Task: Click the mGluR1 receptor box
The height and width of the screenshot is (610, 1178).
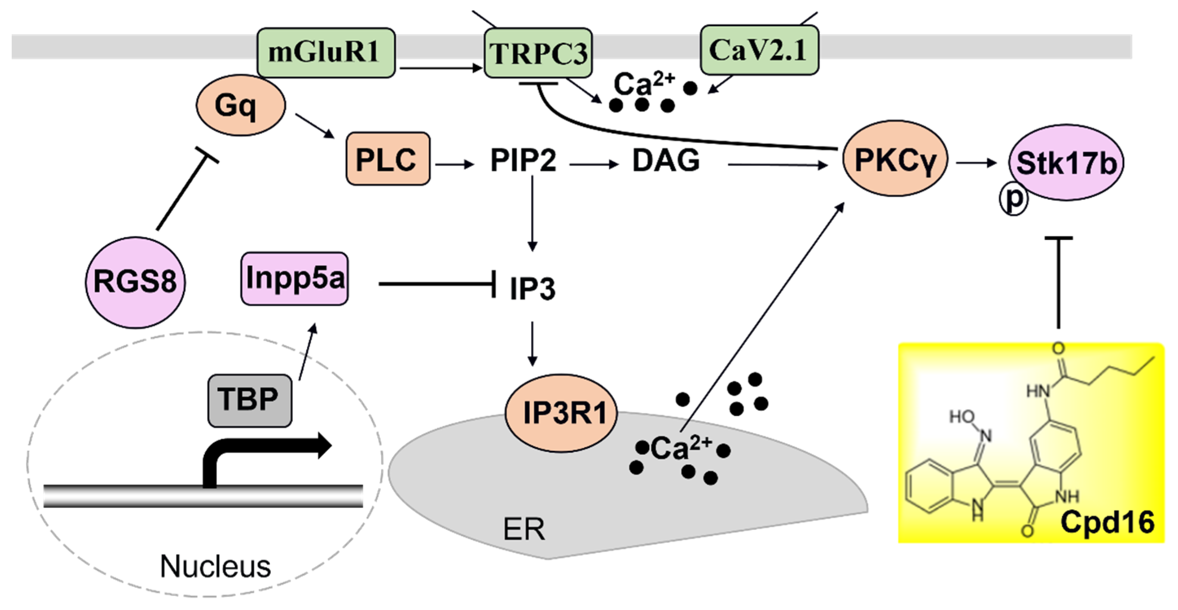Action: point(326,53)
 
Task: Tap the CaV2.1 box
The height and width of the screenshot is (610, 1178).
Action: point(759,50)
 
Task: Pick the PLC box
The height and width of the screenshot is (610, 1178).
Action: point(388,159)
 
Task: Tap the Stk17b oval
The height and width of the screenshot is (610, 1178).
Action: point(1066,163)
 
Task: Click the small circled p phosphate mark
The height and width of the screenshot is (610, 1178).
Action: point(1013,200)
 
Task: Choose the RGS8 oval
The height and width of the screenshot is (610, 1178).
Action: point(136,282)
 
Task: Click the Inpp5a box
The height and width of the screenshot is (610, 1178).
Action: point(294,278)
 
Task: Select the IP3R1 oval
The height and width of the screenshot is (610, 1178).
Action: point(561,413)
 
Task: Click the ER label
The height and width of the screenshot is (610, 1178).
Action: point(524,529)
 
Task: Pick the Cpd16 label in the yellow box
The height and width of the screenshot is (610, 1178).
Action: point(1107,522)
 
